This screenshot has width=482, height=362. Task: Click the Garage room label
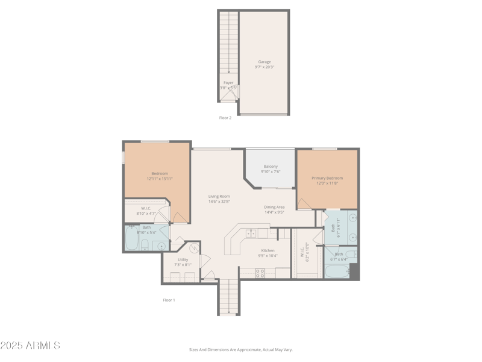point(264,62)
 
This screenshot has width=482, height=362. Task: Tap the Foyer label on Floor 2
point(228,83)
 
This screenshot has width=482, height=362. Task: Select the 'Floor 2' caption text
point(225,118)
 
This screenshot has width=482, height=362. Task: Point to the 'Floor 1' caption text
point(169,300)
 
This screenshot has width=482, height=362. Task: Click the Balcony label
point(271,167)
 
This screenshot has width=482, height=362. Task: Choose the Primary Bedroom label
point(327,178)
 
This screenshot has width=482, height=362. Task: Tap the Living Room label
point(219,196)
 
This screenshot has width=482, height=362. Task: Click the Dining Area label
point(274,207)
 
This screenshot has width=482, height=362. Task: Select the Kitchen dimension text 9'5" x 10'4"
point(268,256)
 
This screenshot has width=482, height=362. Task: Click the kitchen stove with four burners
point(260,273)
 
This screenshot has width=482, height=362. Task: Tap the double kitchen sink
point(251,233)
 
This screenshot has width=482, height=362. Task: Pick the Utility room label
point(183,259)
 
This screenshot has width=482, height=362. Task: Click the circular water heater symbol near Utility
point(195,248)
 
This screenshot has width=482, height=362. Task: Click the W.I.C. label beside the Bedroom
point(146,208)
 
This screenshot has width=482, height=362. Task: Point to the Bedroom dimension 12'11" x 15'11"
point(160,179)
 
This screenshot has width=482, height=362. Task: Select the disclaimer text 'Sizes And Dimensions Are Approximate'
point(240,349)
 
